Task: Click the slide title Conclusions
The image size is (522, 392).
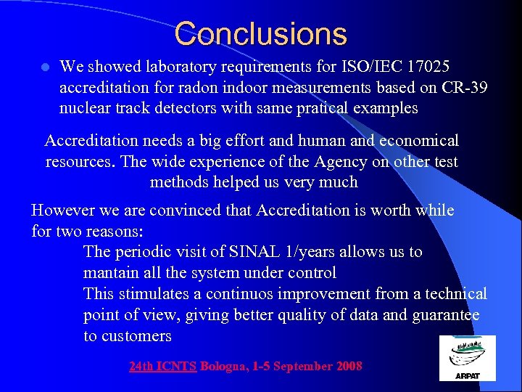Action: (261, 34)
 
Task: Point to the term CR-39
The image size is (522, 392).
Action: (462, 88)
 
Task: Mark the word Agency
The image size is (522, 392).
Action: (289, 161)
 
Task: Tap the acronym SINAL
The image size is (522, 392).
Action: (251, 252)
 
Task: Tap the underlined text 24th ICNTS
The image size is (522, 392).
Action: (163, 367)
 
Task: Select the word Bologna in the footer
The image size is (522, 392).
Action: (224, 367)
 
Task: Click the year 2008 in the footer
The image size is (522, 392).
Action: (349, 367)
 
